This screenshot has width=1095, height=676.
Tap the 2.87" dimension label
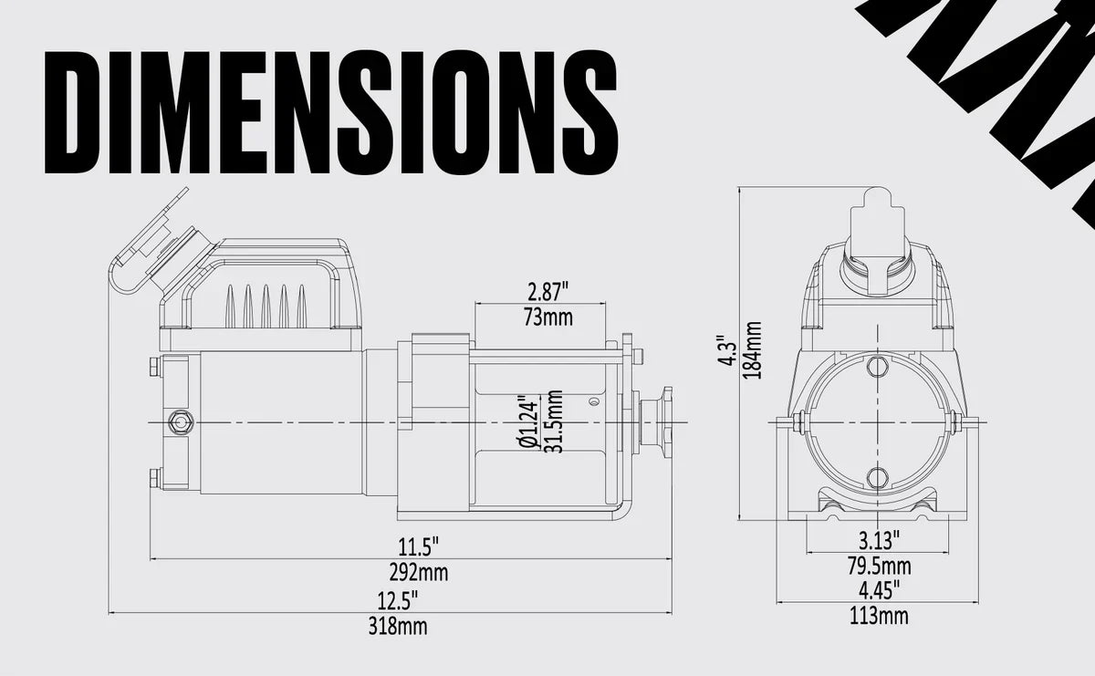pyautogui.click(x=548, y=293)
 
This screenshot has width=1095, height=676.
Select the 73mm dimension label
pyautogui.click(x=548, y=317)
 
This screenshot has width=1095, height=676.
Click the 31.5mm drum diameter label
pyautogui.click(x=551, y=421)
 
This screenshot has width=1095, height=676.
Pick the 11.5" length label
pyautogui.click(x=418, y=547)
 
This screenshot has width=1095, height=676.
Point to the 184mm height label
pyautogui.click(x=754, y=350)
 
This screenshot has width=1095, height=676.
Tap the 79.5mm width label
pyautogui.click(x=879, y=566)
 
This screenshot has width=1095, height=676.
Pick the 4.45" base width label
pyautogui.click(x=879, y=589)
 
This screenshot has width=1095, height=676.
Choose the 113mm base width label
pyautogui.click(x=879, y=617)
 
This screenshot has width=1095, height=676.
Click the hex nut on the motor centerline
pyautogui.click(x=180, y=422)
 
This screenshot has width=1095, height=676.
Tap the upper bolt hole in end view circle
pyautogui.click(x=878, y=367)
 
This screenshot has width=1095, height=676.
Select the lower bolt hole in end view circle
pyautogui.click(x=878, y=477)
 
